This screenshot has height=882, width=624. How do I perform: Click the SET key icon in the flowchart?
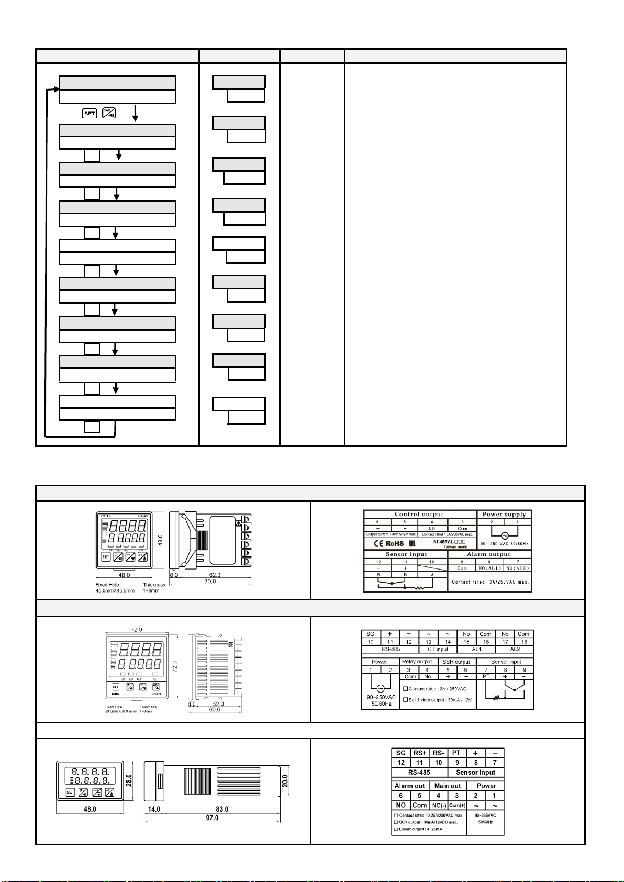(90, 113)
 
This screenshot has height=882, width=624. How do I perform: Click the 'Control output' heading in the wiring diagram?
(419, 515)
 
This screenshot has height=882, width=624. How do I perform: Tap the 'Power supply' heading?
(504, 515)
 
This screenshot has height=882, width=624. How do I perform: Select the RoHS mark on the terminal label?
(394, 544)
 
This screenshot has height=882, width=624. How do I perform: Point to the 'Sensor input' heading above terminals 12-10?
(406, 554)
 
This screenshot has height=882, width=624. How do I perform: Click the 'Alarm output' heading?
(488, 554)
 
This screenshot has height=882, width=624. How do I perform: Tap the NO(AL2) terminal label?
(518, 568)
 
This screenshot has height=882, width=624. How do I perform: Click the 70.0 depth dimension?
(210, 581)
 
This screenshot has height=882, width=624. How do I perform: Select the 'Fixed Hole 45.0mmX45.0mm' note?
(115, 588)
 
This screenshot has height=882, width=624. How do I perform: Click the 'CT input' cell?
(438, 649)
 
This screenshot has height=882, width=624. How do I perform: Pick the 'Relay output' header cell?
(417, 662)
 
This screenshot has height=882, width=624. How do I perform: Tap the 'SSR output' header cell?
(456, 662)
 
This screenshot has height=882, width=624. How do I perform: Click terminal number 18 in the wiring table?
(523, 642)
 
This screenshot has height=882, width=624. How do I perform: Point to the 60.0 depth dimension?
(215, 710)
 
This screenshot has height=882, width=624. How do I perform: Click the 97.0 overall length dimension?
(211, 818)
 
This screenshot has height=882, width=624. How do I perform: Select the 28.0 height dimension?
(129, 780)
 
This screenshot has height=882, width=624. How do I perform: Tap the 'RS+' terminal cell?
(419, 753)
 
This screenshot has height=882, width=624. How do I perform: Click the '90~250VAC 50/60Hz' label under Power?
(381, 700)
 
